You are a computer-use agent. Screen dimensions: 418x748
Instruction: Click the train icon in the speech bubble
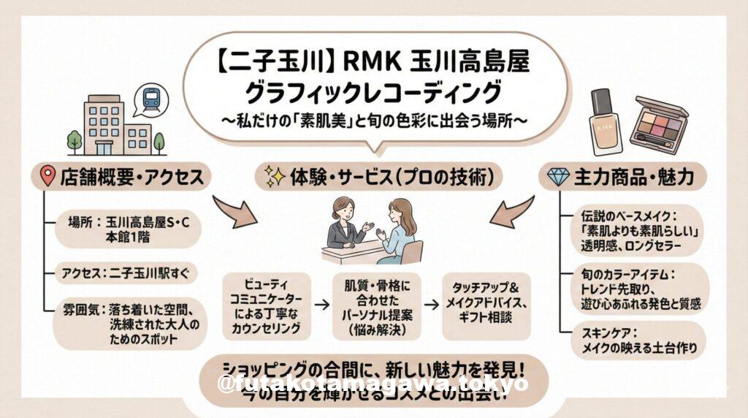(152, 99)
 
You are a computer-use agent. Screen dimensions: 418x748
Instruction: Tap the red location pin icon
(47, 176)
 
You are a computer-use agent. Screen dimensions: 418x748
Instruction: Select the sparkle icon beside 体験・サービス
(274, 176)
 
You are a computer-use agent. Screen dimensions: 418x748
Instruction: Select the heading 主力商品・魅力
(633, 176)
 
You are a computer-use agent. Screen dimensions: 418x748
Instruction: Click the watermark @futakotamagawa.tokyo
(373, 384)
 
